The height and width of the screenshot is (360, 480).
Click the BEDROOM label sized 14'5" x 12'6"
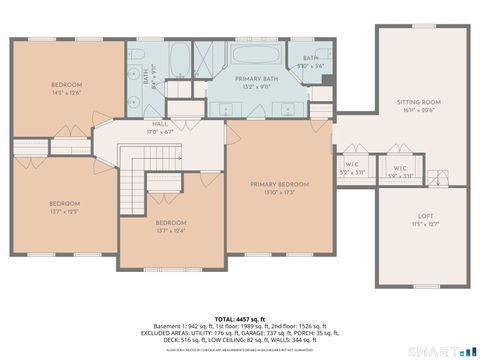click(67, 85)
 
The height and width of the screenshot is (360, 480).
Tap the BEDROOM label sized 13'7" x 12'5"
click(64, 203)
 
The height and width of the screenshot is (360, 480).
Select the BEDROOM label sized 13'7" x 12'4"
click(170, 223)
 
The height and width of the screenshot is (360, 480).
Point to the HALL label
click(160, 123)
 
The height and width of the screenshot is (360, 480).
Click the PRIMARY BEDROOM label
click(279, 184)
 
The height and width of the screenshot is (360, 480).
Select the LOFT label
click(425, 216)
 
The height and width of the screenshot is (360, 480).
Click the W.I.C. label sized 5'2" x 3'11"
click(352, 168)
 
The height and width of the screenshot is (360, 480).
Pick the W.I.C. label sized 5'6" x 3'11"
click(399, 168)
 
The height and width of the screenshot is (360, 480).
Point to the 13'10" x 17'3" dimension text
click(279, 192)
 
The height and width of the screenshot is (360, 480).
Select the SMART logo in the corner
click(440, 350)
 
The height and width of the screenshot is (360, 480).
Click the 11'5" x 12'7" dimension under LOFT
click(425, 224)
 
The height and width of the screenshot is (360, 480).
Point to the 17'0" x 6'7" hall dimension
click(160, 130)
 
